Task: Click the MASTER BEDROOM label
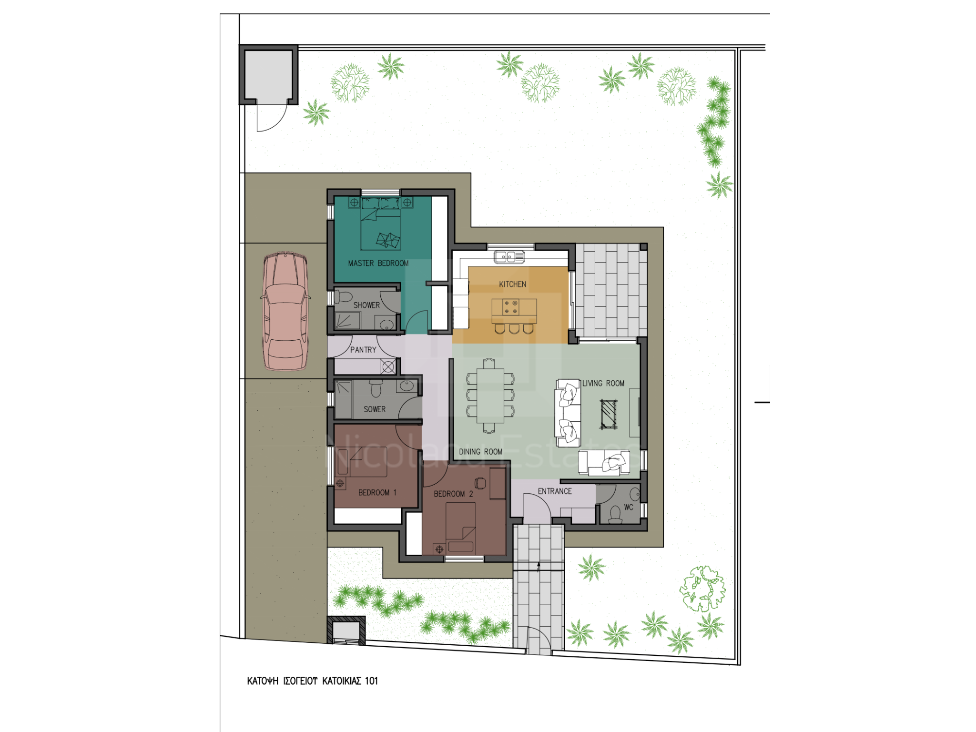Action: tap(378, 263)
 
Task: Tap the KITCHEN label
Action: tap(512, 284)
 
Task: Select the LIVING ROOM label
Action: tap(603, 383)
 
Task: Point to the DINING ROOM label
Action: tap(480, 452)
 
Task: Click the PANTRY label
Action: tap(363, 350)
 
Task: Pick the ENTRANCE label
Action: tap(555, 491)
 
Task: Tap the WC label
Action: tap(629, 507)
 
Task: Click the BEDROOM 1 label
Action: tap(377, 492)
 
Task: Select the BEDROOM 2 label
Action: tap(453, 494)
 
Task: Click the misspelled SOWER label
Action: tap(375, 409)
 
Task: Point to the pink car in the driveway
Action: tap(285, 312)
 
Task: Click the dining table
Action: tap(490, 396)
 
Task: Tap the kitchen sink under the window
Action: tap(509, 257)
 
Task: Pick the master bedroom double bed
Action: tap(380, 224)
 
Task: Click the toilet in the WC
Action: tap(615, 515)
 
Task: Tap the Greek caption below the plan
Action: tap(313, 681)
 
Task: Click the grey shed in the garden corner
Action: tap(268, 75)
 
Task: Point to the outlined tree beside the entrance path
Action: tap(702, 589)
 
